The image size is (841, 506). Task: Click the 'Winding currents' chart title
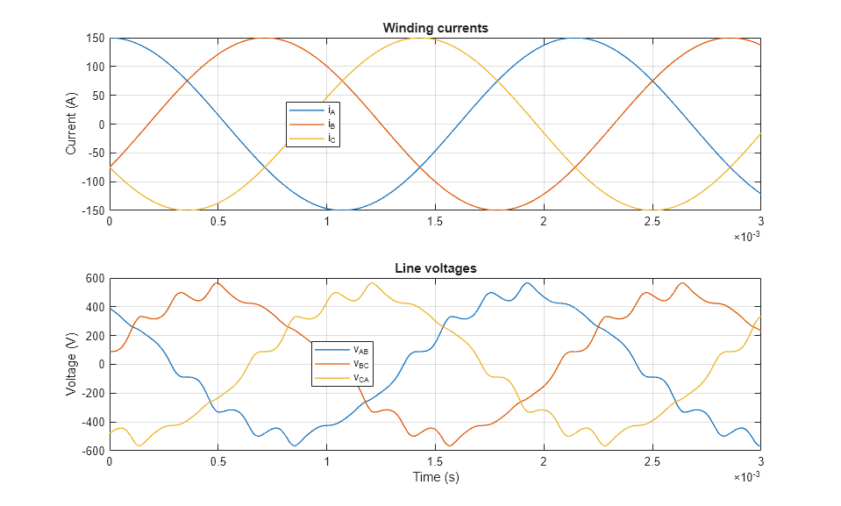(435, 28)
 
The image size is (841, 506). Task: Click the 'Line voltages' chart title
(435, 268)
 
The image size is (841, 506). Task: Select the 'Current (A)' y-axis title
(72, 125)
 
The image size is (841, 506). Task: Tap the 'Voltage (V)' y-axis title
(72, 365)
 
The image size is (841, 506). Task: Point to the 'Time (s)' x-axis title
(435, 478)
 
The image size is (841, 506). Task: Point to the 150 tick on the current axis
(95, 39)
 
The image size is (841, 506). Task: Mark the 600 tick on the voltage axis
(95, 279)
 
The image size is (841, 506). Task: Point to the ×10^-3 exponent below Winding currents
(747, 236)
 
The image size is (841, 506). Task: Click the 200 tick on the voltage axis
(95, 336)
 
